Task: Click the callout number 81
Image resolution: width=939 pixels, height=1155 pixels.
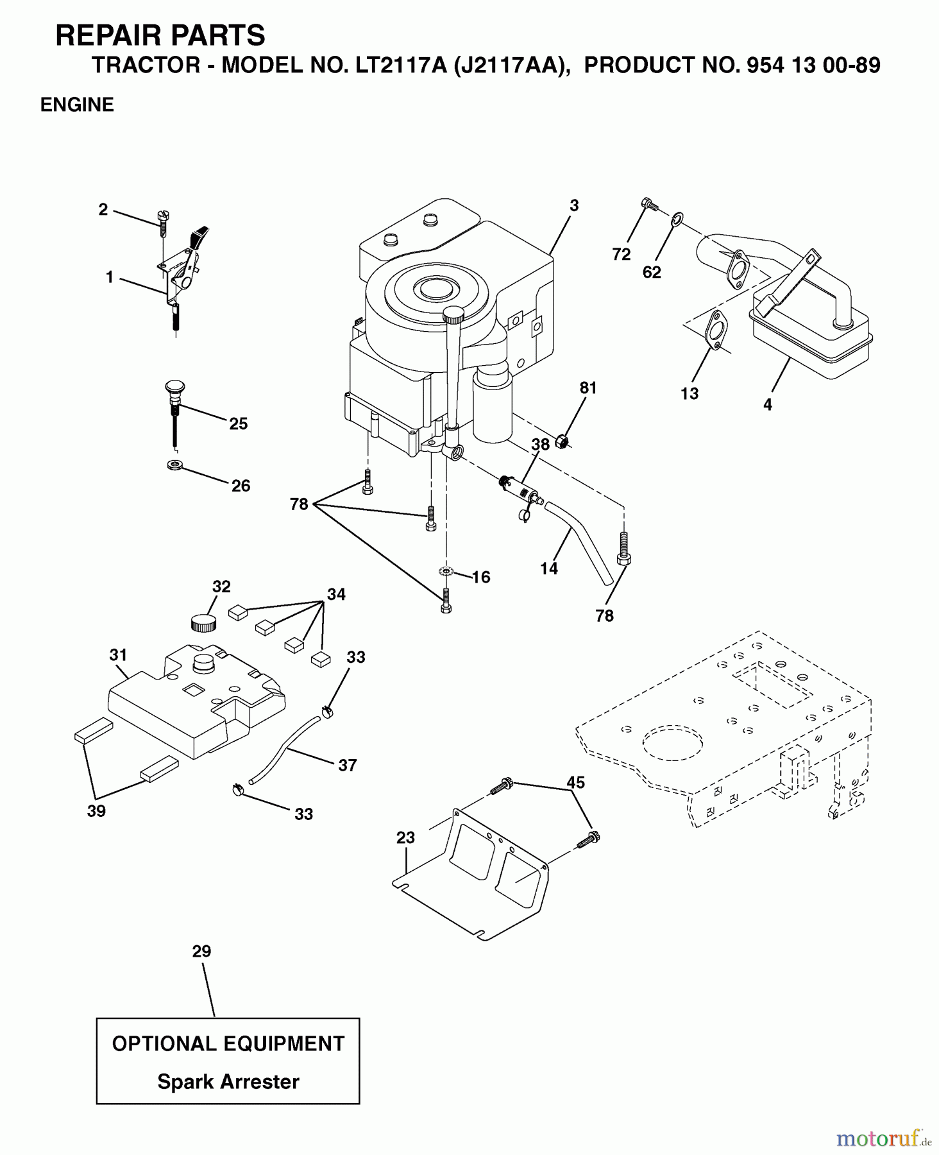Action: pyautogui.click(x=588, y=388)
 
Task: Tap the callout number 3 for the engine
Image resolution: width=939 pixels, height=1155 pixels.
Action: pyautogui.click(x=574, y=205)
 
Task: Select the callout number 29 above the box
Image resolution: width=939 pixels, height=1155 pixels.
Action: pyautogui.click(x=201, y=951)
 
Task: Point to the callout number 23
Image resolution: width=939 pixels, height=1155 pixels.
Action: pyautogui.click(x=405, y=837)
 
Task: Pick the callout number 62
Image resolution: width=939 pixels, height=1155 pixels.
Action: pyautogui.click(x=652, y=272)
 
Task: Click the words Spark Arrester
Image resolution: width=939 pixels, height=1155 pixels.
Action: pyautogui.click(x=228, y=1082)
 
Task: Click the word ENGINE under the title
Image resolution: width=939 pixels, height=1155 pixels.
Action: pyautogui.click(x=77, y=105)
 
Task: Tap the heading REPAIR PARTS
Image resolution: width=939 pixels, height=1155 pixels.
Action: pyautogui.click(x=160, y=35)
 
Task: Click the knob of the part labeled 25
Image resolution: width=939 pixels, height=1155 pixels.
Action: pyautogui.click(x=173, y=388)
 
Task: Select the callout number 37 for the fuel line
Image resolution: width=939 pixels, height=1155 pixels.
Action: pyautogui.click(x=348, y=765)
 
